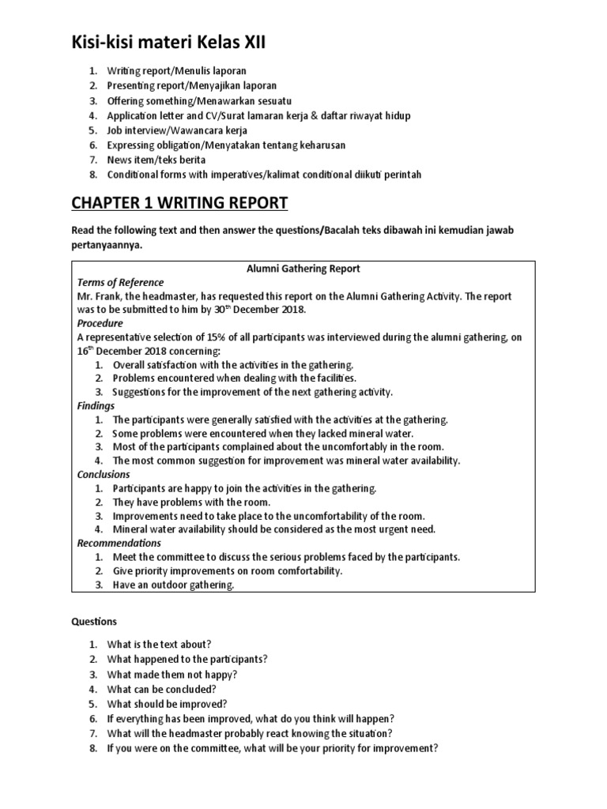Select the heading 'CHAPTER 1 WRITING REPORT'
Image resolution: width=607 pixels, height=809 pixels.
pos(179,205)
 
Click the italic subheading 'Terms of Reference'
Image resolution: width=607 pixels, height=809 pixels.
pos(119,282)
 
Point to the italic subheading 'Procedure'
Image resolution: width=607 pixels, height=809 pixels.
pos(100,323)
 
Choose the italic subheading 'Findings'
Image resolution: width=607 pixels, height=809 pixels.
pos(96,405)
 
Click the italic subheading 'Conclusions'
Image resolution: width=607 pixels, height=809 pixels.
pos(104,474)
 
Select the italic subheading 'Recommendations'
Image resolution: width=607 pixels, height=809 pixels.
pos(119,543)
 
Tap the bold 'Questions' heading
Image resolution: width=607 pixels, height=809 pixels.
pos(94,622)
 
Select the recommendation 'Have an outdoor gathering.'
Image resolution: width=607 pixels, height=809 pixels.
pos(173,585)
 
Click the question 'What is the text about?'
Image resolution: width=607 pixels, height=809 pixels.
pos(159,644)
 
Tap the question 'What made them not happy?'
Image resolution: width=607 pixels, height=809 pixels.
pos(172,674)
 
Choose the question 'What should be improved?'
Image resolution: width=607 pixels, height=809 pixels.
pos(167,703)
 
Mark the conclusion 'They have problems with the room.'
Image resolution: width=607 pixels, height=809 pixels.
pos(190,502)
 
